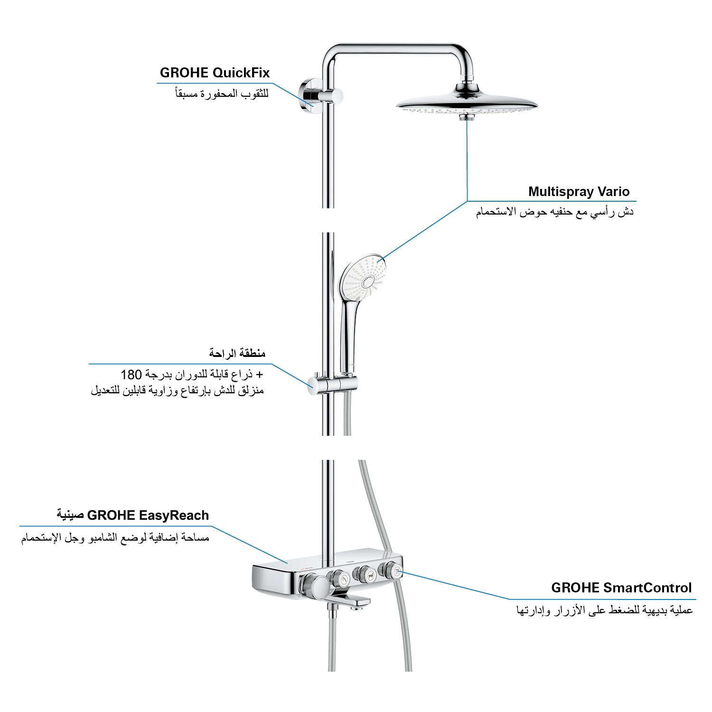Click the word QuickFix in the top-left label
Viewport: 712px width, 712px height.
(x=241, y=73)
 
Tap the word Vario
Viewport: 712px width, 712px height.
(x=614, y=192)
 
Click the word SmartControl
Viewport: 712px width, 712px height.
(x=648, y=588)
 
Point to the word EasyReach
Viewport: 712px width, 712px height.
(x=174, y=515)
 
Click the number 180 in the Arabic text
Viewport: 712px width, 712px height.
(x=131, y=375)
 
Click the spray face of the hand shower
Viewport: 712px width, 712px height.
(x=362, y=277)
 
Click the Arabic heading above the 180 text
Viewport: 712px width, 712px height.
(x=237, y=354)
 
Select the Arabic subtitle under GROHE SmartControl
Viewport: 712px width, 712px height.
(x=604, y=611)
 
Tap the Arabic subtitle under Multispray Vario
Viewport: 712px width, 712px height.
(x=555, y=212)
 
